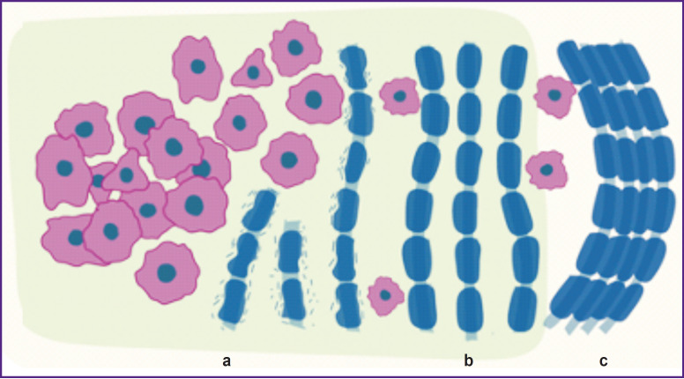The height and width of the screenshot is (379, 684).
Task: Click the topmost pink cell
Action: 294,48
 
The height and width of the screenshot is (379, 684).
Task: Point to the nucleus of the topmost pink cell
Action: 297,46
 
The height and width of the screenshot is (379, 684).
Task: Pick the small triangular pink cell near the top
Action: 252,71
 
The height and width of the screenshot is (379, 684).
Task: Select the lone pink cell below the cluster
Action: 166,271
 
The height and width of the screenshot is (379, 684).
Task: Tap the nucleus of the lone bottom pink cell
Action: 166,272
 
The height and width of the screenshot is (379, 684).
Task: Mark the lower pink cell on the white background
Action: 546,170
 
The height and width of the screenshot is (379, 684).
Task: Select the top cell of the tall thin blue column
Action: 353,61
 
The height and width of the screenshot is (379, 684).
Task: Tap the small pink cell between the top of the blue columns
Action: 399,95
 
